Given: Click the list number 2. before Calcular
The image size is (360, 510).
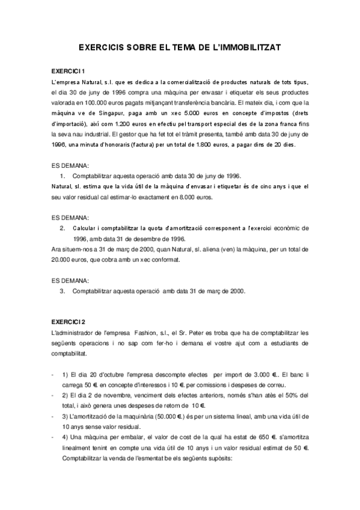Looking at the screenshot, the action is point(63,228).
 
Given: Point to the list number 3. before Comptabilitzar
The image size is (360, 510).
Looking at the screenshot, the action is point(63,290).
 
